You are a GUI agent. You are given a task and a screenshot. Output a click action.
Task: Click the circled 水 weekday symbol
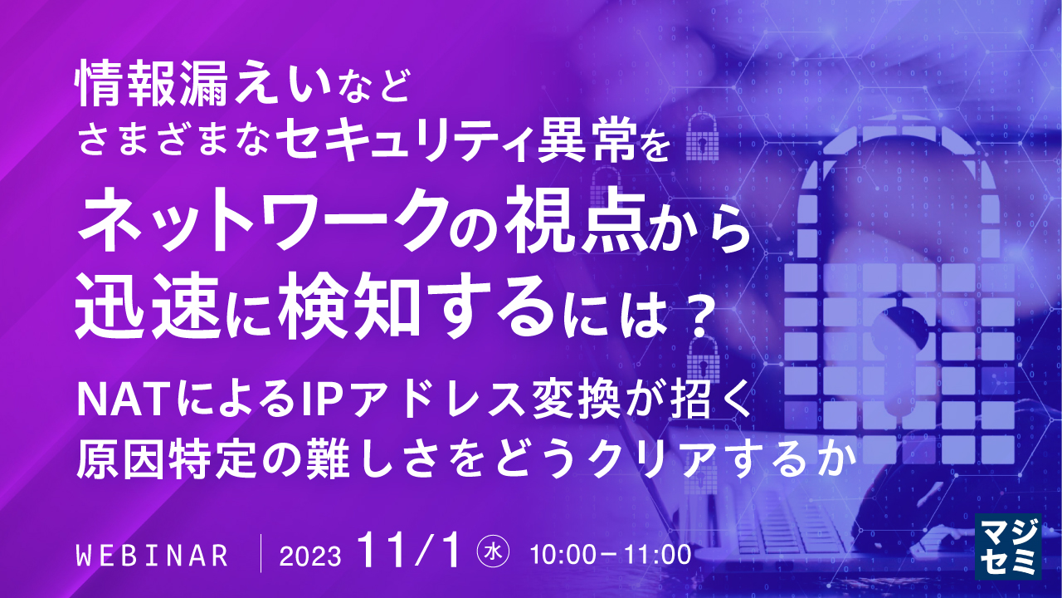pos(493,552)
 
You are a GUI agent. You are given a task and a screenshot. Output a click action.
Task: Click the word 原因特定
pos(171,457)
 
